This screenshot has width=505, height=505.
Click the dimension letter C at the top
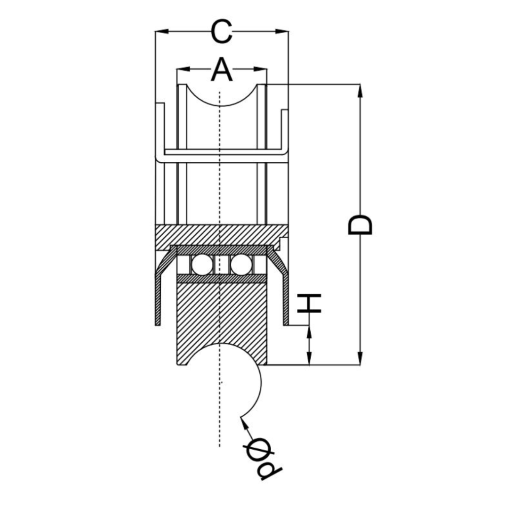click(221, 32)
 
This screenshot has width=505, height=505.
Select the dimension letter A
click(221, 69)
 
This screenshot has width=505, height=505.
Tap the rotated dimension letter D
click(360, 224)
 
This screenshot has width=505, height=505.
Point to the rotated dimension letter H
click(309, 303)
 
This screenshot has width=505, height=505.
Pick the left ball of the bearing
click(202, 265)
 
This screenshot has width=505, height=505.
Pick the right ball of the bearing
click(241, 265)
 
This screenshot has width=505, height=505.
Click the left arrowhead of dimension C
click(162, 32)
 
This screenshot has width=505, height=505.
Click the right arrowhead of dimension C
click(282, 32)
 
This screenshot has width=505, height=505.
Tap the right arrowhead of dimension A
click(260, 69)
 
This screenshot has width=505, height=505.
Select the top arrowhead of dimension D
click(360, 91)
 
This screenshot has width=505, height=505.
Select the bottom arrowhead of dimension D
click(360, 359)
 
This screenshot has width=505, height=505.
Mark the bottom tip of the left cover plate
click(158, 325)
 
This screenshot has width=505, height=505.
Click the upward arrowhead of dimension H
click(309, 332)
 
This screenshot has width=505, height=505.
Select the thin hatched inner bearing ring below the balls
click(222, 279)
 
